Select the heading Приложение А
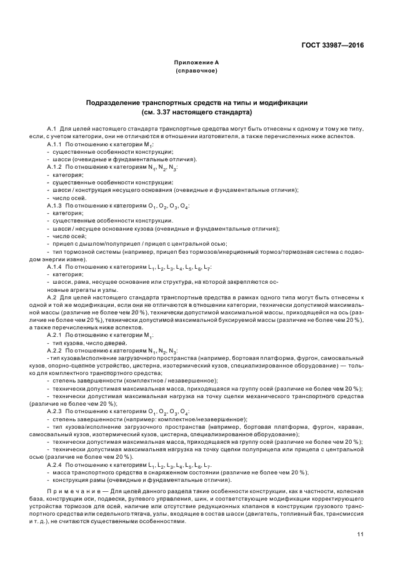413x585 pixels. pos(196,62)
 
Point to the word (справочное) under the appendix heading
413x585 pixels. pos(196,71)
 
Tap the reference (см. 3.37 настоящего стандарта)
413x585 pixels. pos(196,112)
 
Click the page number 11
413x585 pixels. pos(361,534)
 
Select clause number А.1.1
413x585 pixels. pos(55,144)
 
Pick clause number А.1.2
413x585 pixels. pos(55,168)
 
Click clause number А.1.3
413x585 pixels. pos(55,206)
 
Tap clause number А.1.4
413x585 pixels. pos(55,266)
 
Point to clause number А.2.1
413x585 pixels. pos(55,334)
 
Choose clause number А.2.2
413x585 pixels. pos(55,351)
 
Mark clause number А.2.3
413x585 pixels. pos(55,411)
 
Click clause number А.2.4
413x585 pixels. pos(55,465)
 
